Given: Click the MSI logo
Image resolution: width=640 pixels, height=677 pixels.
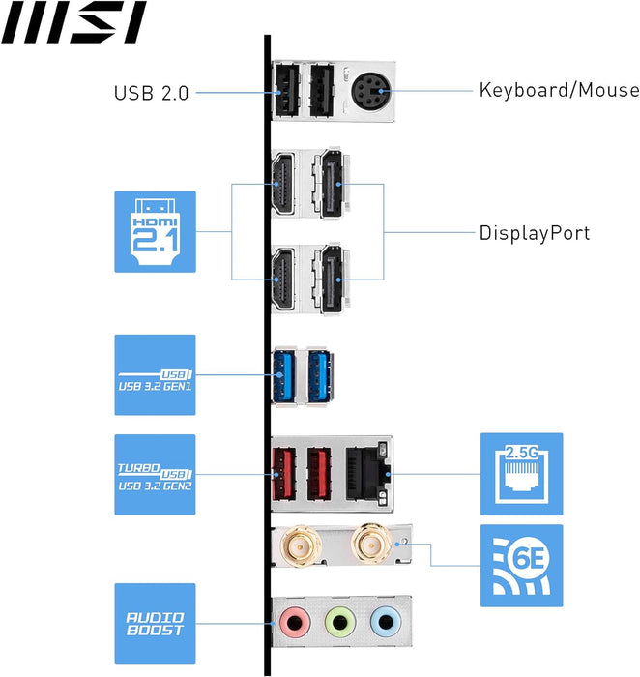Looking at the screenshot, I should coord(73,22).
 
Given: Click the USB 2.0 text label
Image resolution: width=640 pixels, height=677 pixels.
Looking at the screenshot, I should coord(152,93).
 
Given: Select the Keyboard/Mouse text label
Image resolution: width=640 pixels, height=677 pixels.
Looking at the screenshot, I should coord(559,90).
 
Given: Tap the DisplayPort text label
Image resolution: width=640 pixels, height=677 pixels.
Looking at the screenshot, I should coord(534,233).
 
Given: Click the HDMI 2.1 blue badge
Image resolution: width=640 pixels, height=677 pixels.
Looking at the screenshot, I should coord(155,231).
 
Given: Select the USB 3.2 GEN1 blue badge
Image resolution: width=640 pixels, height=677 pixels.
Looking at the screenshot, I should coord(155,375).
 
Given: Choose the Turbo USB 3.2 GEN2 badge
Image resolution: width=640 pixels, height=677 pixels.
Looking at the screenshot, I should coord(155,474).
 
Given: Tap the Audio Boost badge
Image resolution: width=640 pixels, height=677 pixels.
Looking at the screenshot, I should coord(155,623).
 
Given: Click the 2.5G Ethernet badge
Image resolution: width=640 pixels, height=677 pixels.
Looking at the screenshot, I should coord(521,474).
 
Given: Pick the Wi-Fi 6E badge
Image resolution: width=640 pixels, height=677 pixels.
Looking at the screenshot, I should coord(521,566).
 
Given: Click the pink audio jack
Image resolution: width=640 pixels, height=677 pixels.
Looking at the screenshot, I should coord(293,620).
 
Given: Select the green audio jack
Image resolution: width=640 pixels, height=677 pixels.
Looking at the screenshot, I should coord(338,620).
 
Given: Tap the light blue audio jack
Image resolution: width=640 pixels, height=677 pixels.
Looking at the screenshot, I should coord(384,620).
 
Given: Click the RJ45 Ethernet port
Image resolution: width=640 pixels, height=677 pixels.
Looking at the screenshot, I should coord(368,474).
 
